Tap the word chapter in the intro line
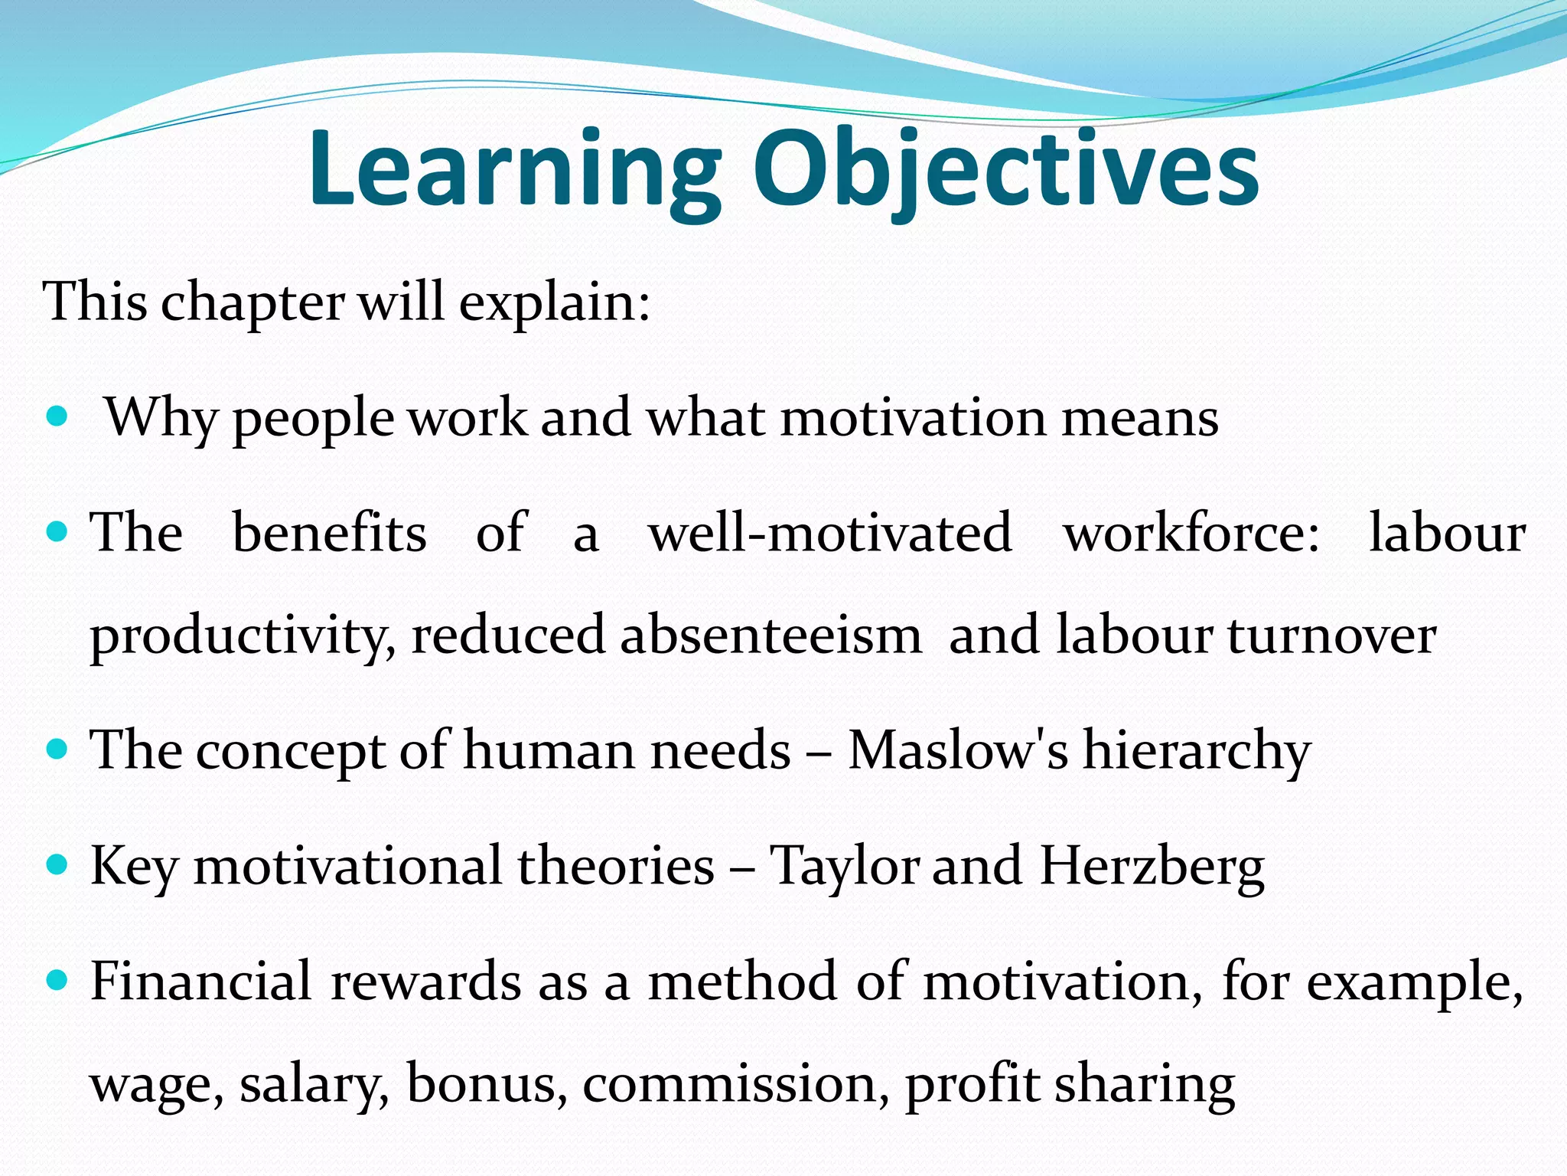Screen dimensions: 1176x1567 252,302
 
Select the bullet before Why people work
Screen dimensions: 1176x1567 57,416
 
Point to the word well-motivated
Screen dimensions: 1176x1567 830,533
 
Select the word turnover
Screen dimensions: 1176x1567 1331,635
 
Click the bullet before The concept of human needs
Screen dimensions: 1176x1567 57,747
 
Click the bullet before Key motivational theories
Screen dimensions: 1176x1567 57,864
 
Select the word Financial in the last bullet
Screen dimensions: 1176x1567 201,981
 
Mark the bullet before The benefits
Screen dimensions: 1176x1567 57,531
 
